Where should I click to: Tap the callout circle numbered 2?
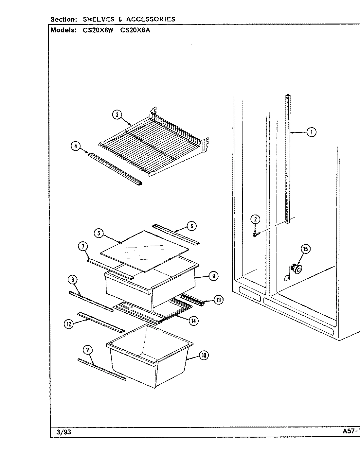point(255,219)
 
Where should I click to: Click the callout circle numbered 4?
point(76,146)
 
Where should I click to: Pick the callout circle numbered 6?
point(192,225)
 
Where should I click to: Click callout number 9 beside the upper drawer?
point(213,276)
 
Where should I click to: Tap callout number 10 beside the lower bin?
point(204,356)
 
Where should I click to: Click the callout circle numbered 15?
point(305,249)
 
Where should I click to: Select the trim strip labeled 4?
point(115,168)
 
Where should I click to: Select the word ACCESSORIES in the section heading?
point(151,19)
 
